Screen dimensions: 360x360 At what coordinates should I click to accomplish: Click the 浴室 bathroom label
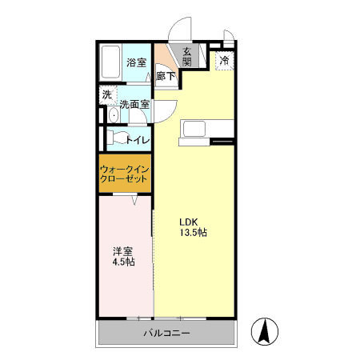click(x=137, y=62)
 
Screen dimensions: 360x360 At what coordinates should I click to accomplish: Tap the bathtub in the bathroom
click(x=111, y=63)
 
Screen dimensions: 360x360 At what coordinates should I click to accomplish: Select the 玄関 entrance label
click(x=187, y=58)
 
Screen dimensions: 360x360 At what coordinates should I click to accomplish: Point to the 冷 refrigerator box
click(x=224, y=60)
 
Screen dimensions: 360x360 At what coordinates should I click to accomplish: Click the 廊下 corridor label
click(x=165, y=77)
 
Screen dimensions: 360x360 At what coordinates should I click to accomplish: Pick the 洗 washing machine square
click(x=106, y=94)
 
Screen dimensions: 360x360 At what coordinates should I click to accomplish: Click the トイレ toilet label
click(x=137, y=140)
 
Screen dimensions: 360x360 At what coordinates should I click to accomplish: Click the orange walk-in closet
click(x=126, y=174)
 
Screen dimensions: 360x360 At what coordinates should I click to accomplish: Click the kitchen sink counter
click(x=207, y=129)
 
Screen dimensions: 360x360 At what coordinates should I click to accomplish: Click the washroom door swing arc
click(x=166, y=109)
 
